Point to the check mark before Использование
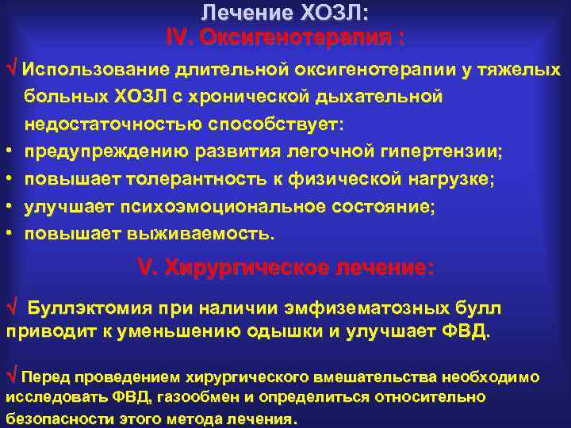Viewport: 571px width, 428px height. pyautogui.click(x=13, y=68)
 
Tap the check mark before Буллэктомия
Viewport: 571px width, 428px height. pyautogui.click(x=11, y=308)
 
